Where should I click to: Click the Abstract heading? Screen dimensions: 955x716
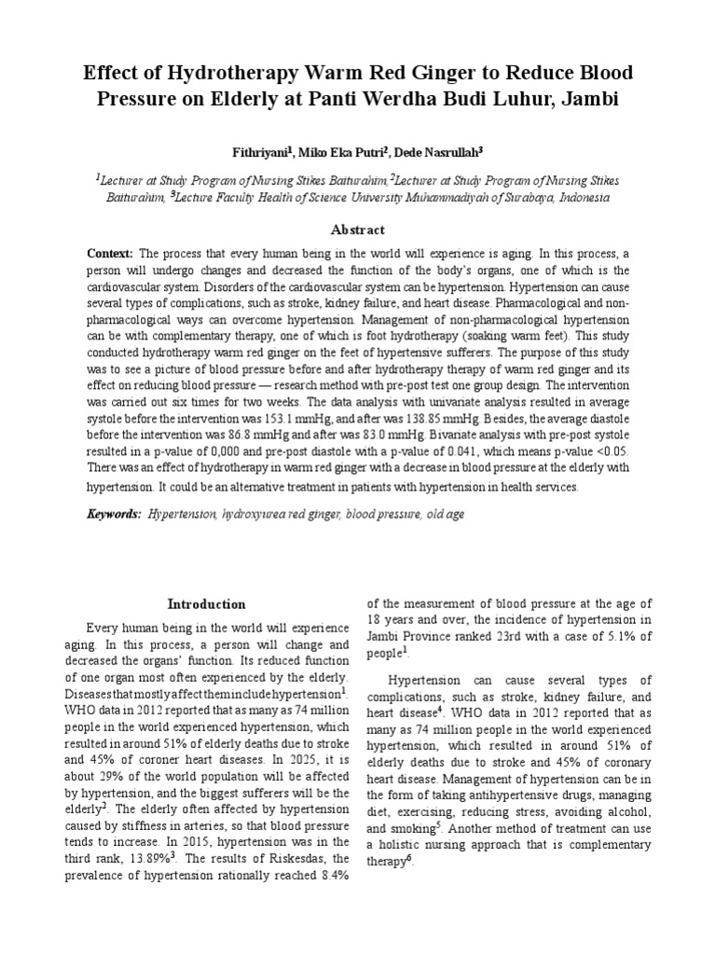(x=358, y=229)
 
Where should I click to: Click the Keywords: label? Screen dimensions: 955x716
(x=114, y=513)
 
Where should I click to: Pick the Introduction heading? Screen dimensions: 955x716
(x=206, y=604)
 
